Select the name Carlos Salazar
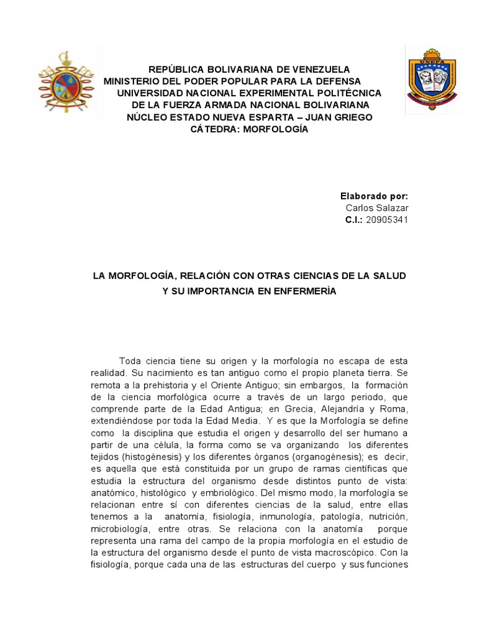pyautogui.click(x=377, y=207)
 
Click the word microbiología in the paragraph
pyautogui.click(x=120, y=529)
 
